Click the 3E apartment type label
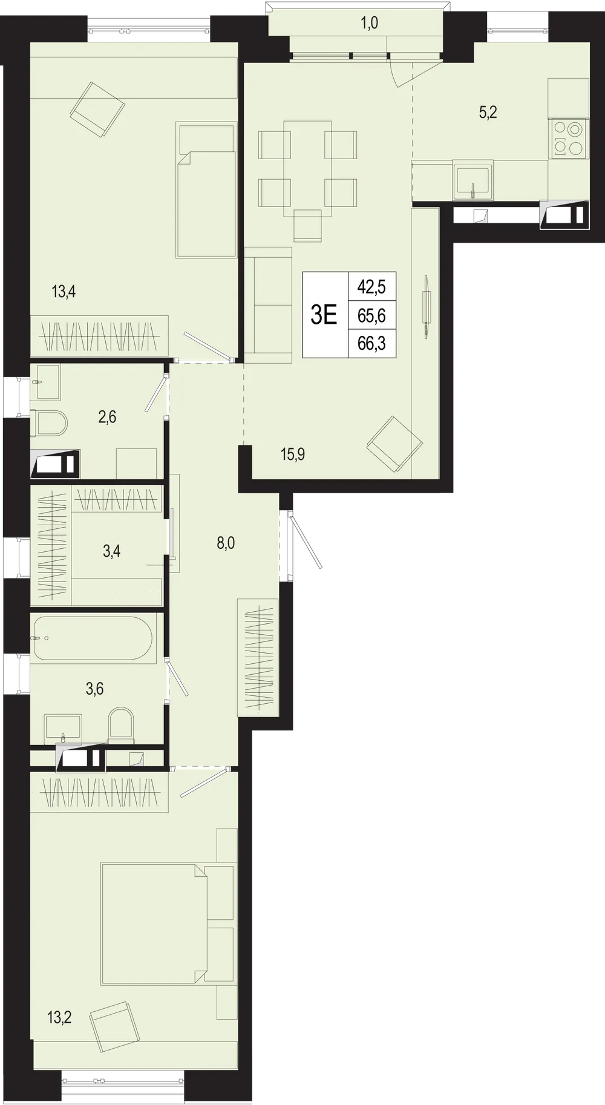point(324,315)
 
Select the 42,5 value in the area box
point(371,286)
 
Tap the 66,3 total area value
point(371,344)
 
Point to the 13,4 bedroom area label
point(64,292)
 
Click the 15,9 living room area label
point(293,454)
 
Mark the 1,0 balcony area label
point(369,24)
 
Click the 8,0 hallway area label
point(226,543)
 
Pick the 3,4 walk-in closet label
point(111,551)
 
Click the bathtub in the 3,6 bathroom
point(96,638)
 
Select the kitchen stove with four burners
point(569,139)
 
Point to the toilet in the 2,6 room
point(50,423)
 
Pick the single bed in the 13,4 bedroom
point(206,190)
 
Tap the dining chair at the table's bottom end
point(307,225)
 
